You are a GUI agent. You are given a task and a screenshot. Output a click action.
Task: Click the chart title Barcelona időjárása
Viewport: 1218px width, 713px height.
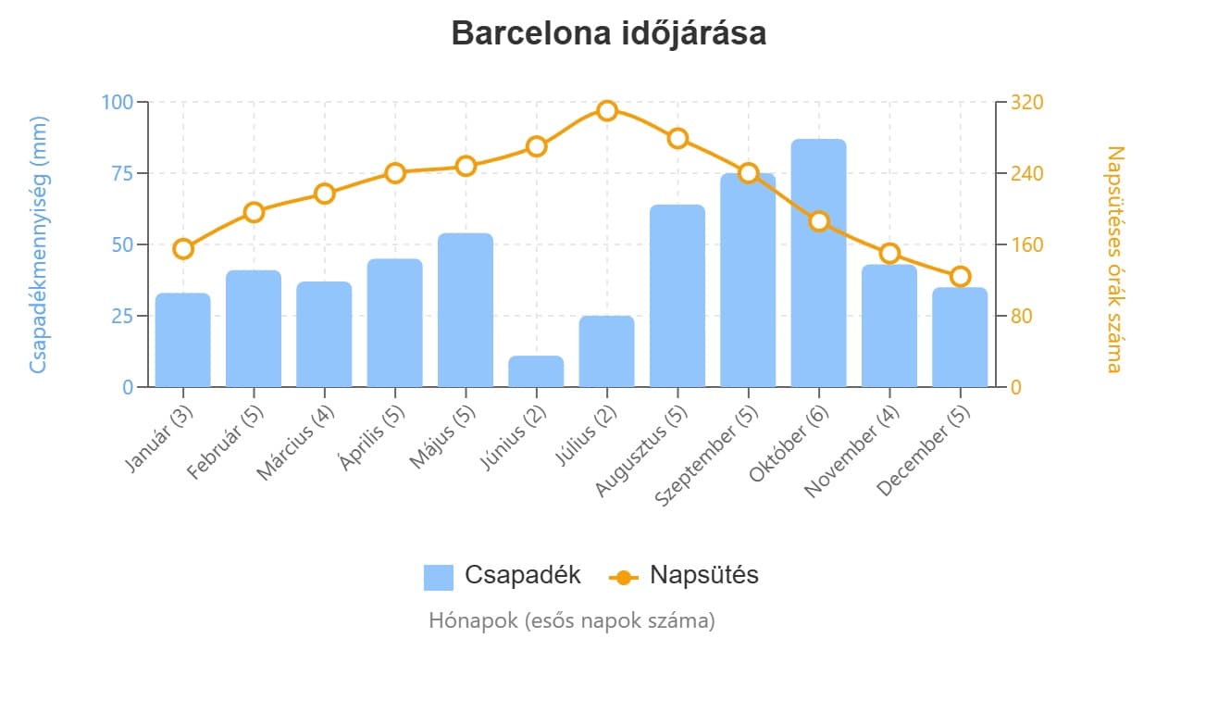(x=608, y=33)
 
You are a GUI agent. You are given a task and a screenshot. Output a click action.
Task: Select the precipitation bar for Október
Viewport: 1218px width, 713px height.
(x=818, y=263)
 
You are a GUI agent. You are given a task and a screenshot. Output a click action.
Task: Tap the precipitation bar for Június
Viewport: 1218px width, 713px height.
(x=536, y=371)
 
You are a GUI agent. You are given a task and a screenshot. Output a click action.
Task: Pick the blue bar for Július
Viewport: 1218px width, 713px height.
(x=607, y=352)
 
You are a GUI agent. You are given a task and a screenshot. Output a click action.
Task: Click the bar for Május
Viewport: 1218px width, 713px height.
(x=466, y=310)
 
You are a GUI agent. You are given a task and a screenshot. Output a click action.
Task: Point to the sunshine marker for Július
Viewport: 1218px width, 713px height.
(x=607, y=111)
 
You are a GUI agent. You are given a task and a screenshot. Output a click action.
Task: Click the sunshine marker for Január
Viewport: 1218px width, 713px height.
(x=183, y=248)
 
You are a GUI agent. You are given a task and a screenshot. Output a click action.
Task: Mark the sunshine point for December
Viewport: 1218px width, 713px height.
(x=960, y=276)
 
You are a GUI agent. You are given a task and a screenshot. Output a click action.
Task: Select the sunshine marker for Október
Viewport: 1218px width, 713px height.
(x=818, y=221)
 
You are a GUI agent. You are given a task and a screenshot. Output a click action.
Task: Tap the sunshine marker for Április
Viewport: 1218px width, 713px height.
(x=395, y=173)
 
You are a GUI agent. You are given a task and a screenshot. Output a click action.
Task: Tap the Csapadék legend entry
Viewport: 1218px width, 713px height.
(x=503, y=575)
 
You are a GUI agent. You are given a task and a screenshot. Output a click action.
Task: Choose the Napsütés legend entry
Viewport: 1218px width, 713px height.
(x=684, y=575)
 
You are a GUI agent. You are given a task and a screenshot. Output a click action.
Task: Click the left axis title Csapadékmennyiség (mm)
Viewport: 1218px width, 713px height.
(x=38, y=244)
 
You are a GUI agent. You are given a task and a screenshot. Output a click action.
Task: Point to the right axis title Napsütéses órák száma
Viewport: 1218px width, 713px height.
(x=1113, y=259)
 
